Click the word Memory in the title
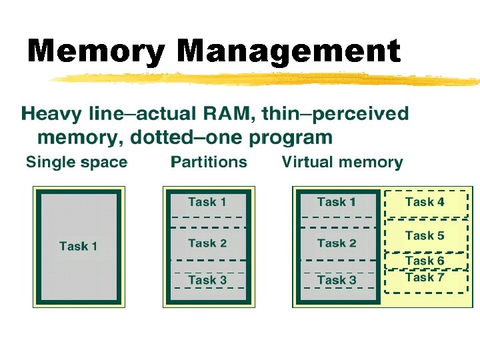97,52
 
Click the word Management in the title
290,52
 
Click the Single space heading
76,162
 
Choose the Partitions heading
209,162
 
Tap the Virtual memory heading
342,162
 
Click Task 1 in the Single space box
78,246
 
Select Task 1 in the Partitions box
207,201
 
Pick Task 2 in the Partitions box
207,243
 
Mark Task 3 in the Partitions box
207,280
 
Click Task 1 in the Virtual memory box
336,201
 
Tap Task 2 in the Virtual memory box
336,243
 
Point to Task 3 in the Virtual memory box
336,280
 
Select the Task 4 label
425,201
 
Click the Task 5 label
425,235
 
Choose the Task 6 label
425,261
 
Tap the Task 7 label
425,277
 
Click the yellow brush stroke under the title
267,79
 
